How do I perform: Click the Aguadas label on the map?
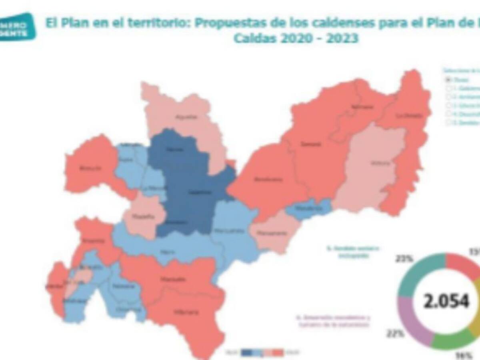pyautogui.click(x=181, y=117)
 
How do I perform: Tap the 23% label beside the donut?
pyautogui.click(x=404, y=259)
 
